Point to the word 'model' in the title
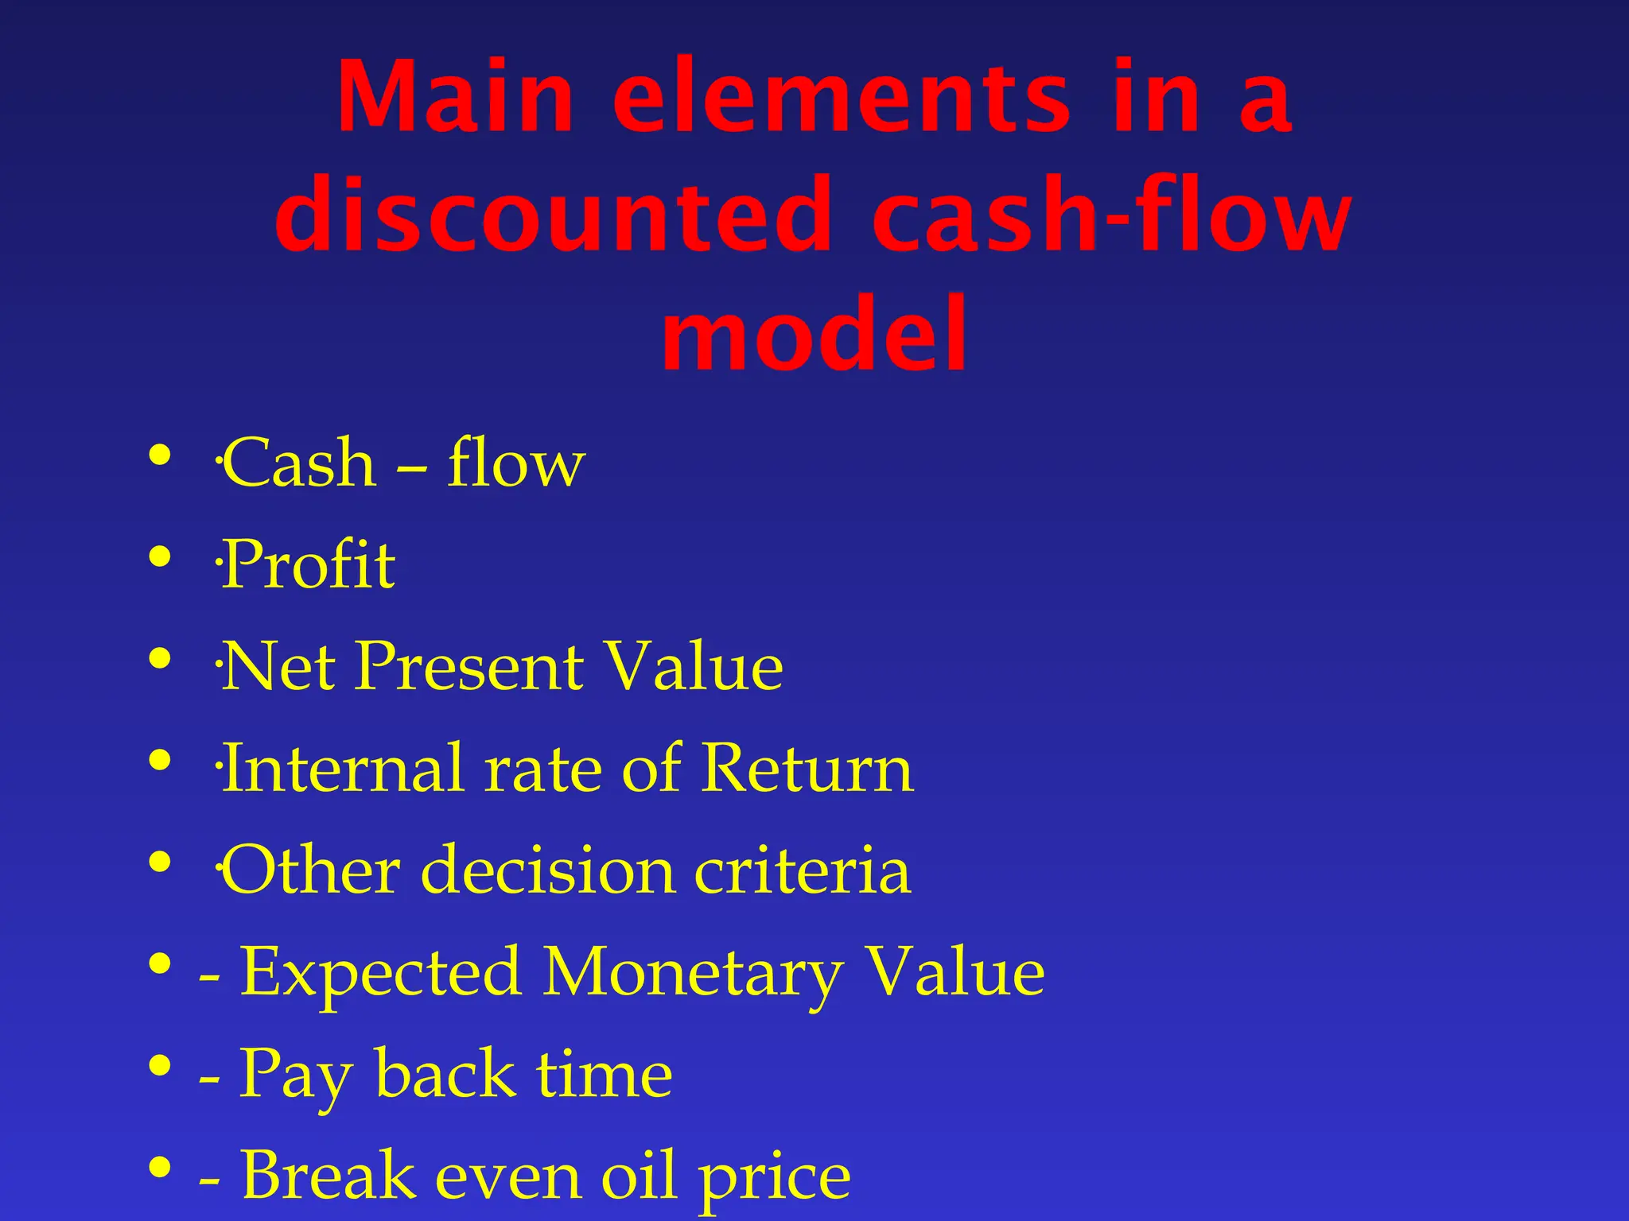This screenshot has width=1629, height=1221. pyautogui.click(x=814, y=334)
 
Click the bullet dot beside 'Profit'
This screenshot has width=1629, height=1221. pyautogui.click(x=160, y=556)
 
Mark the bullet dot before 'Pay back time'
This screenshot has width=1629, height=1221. pyautogui.click(x=160, y=1065)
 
